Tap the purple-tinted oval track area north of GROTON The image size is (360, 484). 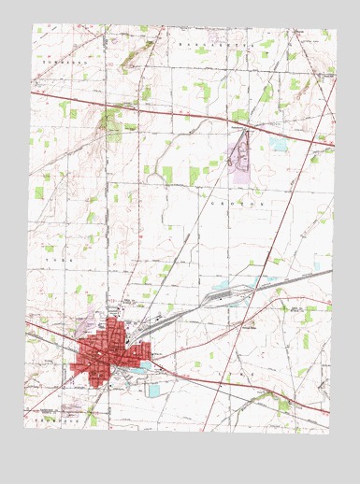240,154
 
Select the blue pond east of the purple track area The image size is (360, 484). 279,145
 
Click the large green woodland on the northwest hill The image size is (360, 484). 111,122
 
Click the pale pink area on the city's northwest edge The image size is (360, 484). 87,327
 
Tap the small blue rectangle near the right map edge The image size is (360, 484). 316,266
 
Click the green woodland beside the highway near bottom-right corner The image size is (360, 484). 283,405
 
